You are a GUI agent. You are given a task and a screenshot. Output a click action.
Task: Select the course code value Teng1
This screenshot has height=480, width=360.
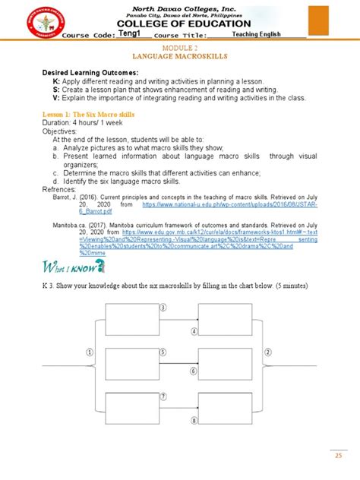click(x=132, y=34)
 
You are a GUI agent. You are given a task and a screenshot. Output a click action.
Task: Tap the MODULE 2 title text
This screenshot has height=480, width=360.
click(x=181, y=47)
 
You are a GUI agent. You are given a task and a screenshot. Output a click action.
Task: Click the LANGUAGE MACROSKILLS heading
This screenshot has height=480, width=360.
click(x=180, y=55)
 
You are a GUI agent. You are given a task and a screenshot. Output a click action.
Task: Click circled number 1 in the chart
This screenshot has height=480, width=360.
click(x=90, y=352)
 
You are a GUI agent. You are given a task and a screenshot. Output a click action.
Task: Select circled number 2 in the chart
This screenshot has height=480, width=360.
click(x=268, y=352)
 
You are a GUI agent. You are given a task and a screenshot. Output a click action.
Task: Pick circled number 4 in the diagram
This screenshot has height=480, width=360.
click(x=194, y=331)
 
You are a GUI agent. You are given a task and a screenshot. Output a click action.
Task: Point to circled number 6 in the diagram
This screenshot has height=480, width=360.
click(x=194, y=372)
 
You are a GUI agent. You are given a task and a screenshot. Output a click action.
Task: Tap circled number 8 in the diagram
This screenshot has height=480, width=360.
click(x=194, y=420)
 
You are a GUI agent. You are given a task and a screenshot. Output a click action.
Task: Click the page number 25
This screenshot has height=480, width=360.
click(x=339, y=456)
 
